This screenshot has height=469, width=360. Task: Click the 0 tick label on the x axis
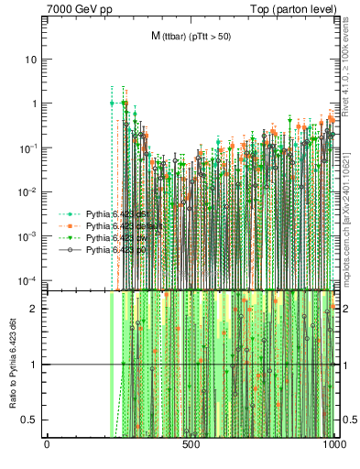(47, 445)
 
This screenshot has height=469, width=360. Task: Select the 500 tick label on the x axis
(191, 445)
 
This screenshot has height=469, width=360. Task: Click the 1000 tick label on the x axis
(334, 445)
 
